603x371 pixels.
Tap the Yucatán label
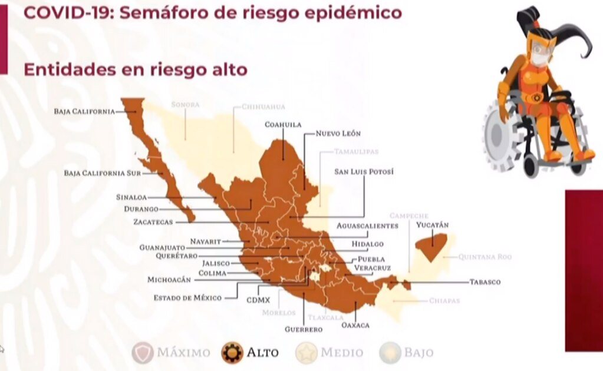(x=432, y=225)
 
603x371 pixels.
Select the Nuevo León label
(x=338, y=134)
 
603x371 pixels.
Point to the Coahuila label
(x=283, y=124)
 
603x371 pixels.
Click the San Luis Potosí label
(x=363, y=172)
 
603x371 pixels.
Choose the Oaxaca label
(x=355, y=325)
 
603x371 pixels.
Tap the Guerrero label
(x=304, y=329)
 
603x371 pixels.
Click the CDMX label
(x=258, y=300)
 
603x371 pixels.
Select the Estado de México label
(x=187, y=298)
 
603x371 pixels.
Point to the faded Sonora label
(x=185, y=105)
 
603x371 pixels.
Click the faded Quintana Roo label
(x=485, y=257)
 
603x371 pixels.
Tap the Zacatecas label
(x=153, y=222)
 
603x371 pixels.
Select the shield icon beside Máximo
(x=143, y=352)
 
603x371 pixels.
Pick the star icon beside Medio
(x=307, y=352)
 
